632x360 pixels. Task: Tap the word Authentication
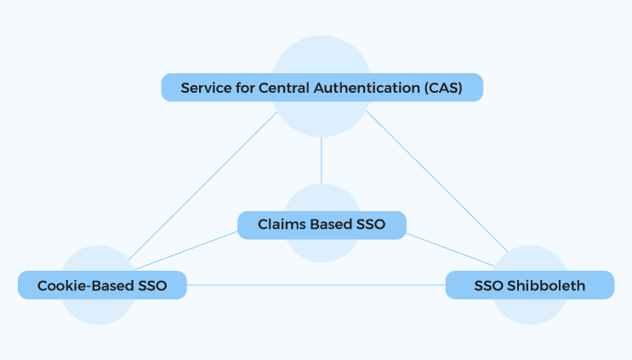[367, 88]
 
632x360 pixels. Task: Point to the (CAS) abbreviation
[443, 88]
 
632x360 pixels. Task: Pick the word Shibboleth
[546, 285]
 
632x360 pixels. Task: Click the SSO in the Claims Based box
[371, 224]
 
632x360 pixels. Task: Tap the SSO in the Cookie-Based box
[152, 286]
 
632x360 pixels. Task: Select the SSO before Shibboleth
[488, 285]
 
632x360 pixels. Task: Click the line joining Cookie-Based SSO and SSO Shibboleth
[316, 285]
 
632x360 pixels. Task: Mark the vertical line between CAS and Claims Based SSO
[322, 160]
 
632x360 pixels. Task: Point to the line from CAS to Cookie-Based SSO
[202, 186]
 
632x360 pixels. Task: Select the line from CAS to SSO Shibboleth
[437, 181]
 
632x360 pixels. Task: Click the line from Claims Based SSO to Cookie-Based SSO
[185, 250]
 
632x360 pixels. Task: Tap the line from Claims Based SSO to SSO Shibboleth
[451, 250]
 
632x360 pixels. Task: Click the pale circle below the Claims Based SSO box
[322, 250]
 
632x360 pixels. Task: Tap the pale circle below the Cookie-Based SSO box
[99, 311]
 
